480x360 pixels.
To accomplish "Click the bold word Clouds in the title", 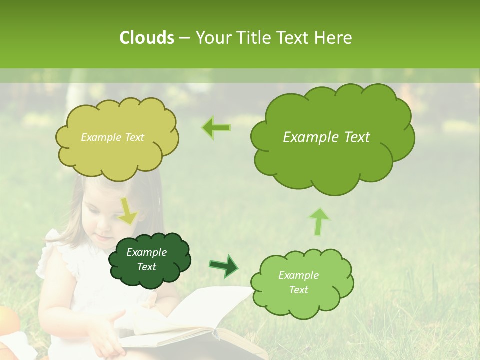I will [x=146, y=38].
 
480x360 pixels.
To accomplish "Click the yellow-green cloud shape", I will [x=117, y=150].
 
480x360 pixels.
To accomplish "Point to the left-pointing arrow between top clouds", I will [x=216, y=127].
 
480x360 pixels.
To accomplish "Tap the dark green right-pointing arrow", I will [x=224, y=266].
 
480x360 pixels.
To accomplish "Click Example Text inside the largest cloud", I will [x=326, y=137].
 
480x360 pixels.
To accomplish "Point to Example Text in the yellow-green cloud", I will [x=112, y=137].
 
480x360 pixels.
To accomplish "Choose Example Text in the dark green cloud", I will [x=147, y=260].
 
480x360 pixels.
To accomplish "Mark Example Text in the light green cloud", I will [x=299, y=282].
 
